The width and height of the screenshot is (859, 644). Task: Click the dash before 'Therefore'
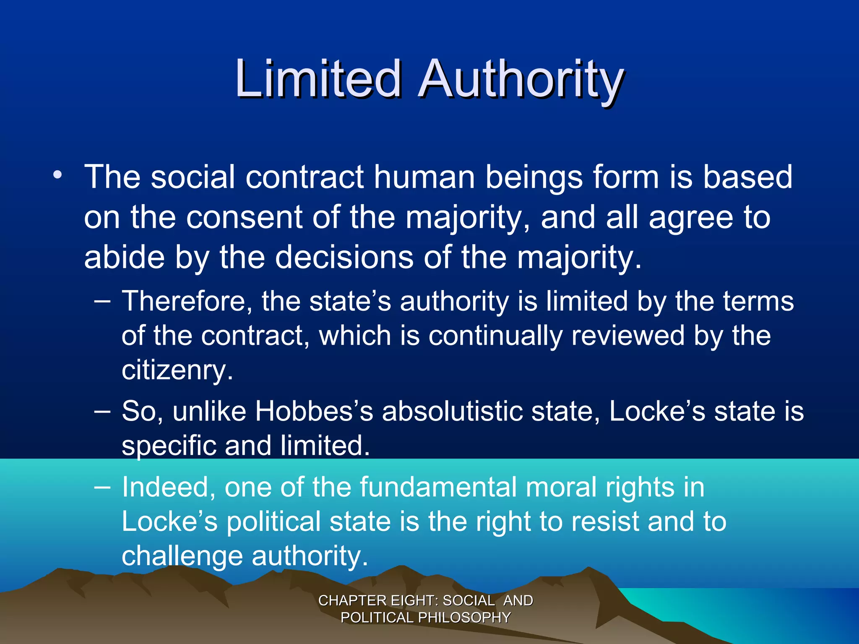(103, 301)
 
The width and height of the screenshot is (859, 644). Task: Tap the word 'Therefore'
(187, 301)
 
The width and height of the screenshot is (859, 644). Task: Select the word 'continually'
(495, 336)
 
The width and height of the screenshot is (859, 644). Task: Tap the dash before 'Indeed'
(103, 487)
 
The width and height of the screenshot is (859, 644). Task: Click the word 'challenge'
(182, 556)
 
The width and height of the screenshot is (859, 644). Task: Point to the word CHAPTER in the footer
(352, 600)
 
